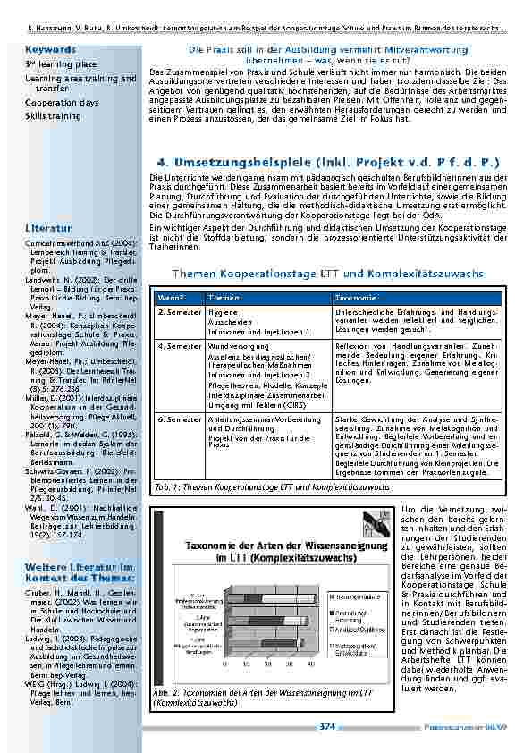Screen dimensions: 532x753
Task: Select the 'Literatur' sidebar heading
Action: pyautogui.click(x=44, y=228)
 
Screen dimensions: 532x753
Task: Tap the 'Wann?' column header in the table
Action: pyautogui.click(x=169, y=296)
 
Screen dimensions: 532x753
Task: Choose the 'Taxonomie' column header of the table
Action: pyautogui.click(x=356, y=296)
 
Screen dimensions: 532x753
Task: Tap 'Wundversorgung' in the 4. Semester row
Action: pyautogui.click(x=234, y=344)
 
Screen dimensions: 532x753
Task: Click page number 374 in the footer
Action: pyautogui.click(x=327, y=726)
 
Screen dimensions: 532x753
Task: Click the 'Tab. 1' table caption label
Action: pyautogui.click(x=166, y=487)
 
